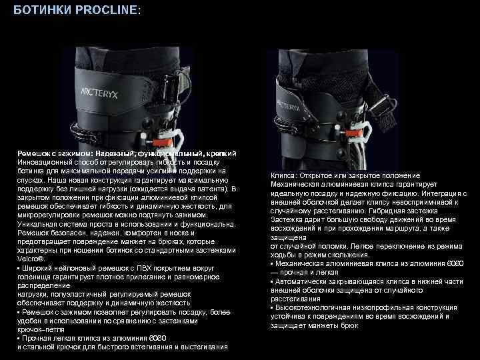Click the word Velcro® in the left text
31,259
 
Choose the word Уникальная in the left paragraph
38,224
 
